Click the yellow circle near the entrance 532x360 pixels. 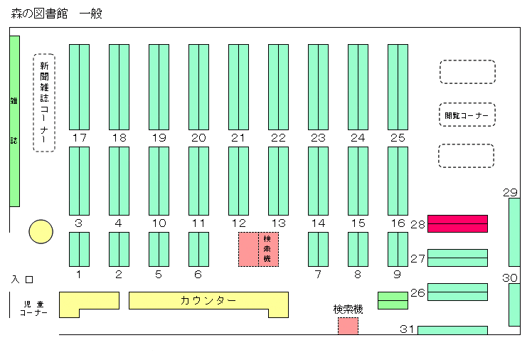pyautogui.click(x=41, y=232)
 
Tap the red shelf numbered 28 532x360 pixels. pyautogui.click(x=457, y=223)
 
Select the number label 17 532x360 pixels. pyautogui.click(x=80, y=138)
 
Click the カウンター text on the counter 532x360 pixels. pyautogui.click(x=208, y=301)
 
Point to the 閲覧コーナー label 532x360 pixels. pyautogui.click(x=467, y=116)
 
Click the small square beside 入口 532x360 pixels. pyautogui.click(x=30, y=280)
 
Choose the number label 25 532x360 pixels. pyautogui.click(x=398, y=138)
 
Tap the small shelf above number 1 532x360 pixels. pyautogui.click(x=80, y=250)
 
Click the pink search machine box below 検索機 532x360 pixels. pyautogui.click(x=348, y=326)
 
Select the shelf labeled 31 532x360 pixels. pyautogui.click(x=452, y=330)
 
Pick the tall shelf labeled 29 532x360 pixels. pyautogui.click(x=514, y=233)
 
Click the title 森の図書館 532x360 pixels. pyautogui.click(x=39, y=14)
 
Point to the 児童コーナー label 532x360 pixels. pyautogui.click(x=33, y=309)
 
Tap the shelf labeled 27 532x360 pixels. pyautogui.click(x=457, y=258)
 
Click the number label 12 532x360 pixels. pyautogui.click(x=238, y=223)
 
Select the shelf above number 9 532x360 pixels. pyautogui.click(x=398, y=250)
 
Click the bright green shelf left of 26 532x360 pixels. pyautogui.click(x=393, y=301)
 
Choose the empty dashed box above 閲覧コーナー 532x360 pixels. pyautogui.click(x=467, y=72)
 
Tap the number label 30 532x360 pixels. pyautogui.click(x=510, y=278)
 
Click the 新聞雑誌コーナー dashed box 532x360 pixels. pyautogui.click(x=44, y=102)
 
